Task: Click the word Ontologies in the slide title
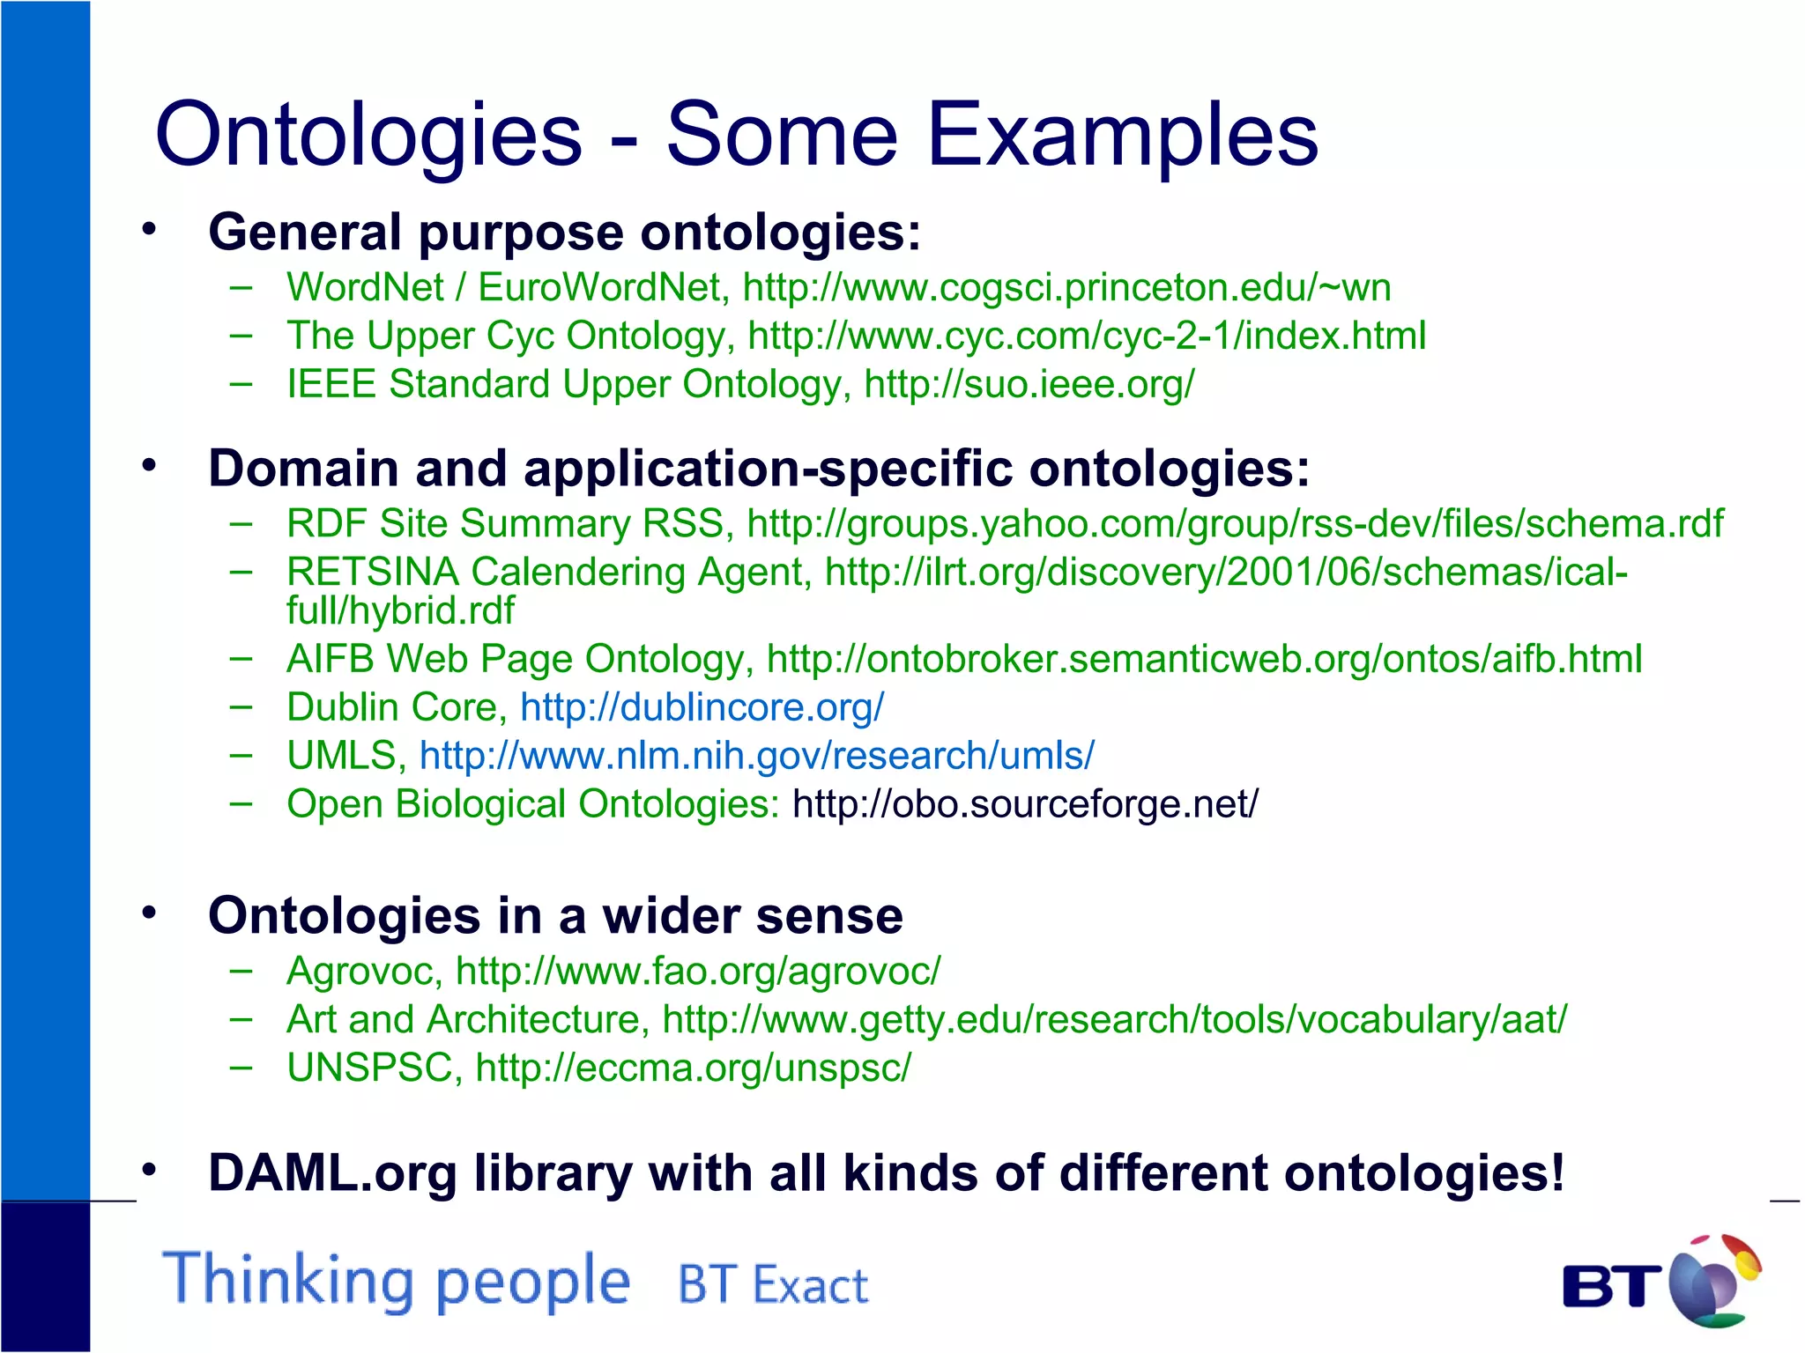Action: [368, 135]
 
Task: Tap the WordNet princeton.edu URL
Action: [1066, 288]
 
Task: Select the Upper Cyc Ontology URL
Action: [1086, 336]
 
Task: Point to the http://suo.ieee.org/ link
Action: [1029, 385]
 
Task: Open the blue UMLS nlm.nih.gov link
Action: [756, 756]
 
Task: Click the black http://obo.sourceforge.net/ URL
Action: [1025, 804]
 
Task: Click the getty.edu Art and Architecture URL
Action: [1114, 1020]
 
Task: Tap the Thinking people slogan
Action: [396, 1280]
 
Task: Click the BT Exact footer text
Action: [772, 1284]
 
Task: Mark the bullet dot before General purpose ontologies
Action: [149, 230]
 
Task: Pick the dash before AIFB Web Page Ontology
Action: [241, 658]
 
